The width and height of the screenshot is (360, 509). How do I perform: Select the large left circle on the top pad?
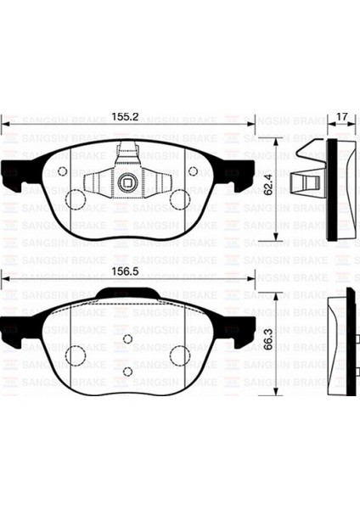75,200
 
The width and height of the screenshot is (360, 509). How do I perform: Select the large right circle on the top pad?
179,200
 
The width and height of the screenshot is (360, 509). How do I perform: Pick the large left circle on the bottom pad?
75,355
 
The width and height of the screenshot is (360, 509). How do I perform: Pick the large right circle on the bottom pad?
180,355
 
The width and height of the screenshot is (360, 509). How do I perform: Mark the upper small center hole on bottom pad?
127,338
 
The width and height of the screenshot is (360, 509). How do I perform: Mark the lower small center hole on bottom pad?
127,371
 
